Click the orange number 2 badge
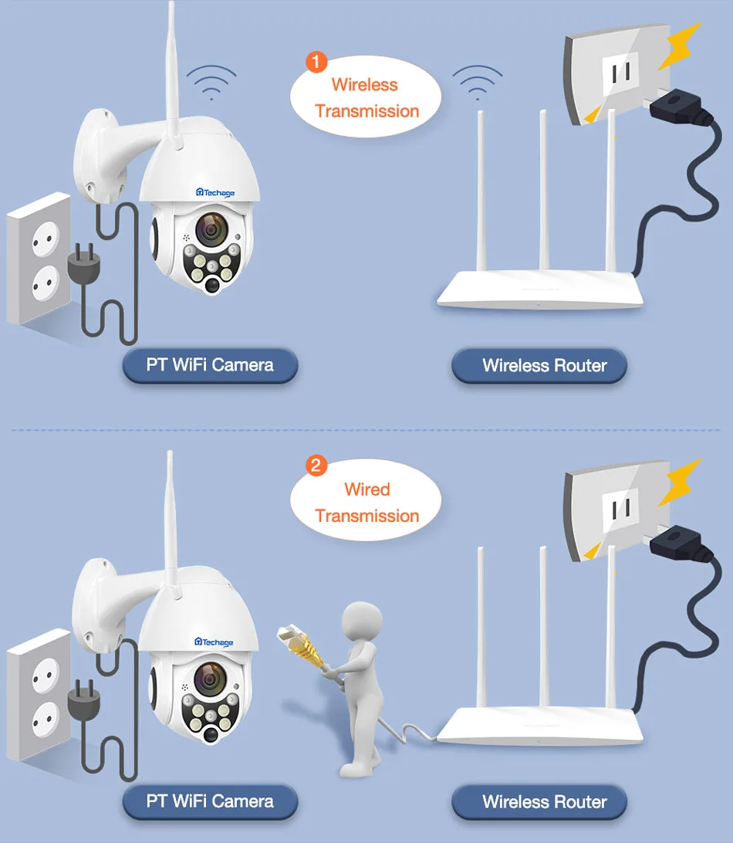point(316,466)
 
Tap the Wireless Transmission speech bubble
point(366,98)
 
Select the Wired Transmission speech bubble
point(366,502)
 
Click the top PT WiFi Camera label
point(210,364)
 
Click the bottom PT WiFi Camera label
point(210,801)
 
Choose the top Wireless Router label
point(540,365)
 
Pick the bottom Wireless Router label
point(540,801)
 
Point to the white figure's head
point(362,620)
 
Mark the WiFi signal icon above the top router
point(477,81)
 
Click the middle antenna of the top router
point(543,193)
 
